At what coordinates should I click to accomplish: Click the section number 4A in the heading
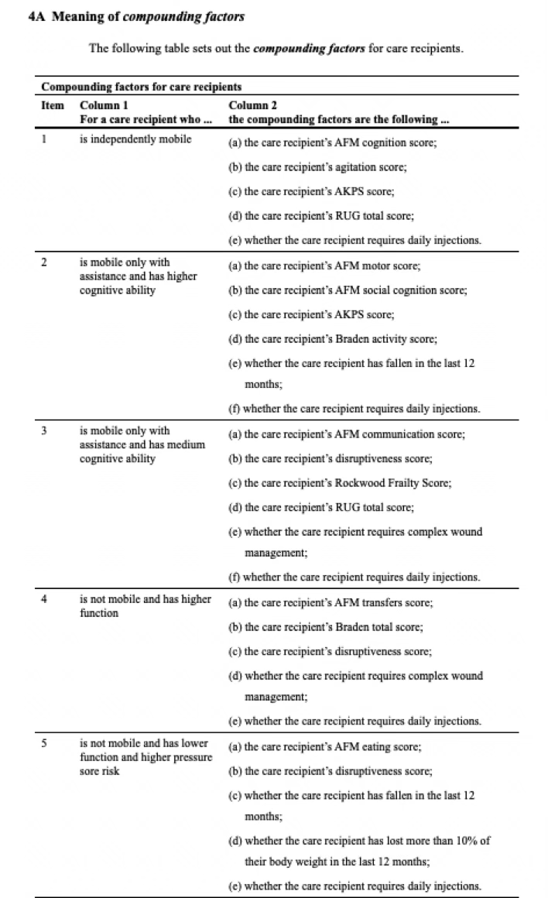(x=36, y=17)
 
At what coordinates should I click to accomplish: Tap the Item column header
(x=52, y=105)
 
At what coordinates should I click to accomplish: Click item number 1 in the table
(x=45, y=139)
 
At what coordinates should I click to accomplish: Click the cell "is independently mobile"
(x=135, y=139)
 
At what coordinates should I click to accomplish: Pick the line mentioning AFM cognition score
(x=344, y=143)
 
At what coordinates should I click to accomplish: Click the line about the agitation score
(x=317, y=167)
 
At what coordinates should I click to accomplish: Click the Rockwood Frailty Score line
(x=340, y=483)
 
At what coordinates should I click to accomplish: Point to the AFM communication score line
(x=347, y=435)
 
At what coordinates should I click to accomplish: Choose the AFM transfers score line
(x=338, y=603)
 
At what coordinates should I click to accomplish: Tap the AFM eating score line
(x=333, y=747)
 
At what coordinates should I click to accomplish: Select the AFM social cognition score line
(x=356, y=290)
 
